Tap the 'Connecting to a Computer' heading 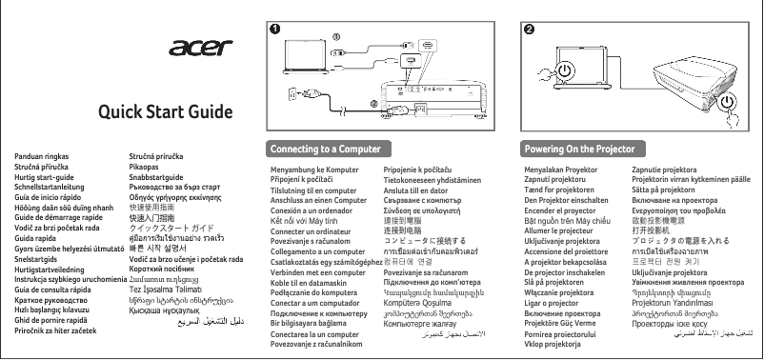tap(319, 150)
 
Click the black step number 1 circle tap(275, 28)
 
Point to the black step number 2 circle tap(529, 28)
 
